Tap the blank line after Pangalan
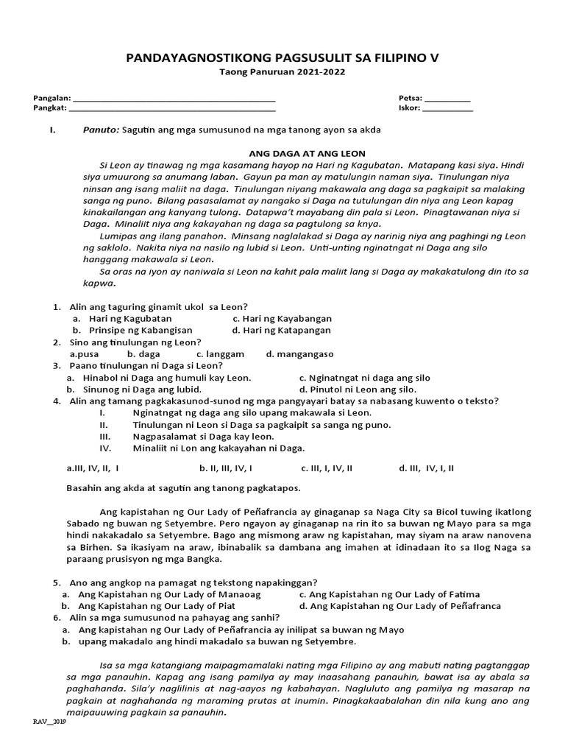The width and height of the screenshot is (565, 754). point(174,97)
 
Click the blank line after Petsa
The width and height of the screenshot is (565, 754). point(447,97)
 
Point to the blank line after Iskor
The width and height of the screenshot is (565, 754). point(448,108)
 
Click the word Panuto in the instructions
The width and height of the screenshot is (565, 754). point(101,130)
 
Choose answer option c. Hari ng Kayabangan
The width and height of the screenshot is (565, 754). point(282,319)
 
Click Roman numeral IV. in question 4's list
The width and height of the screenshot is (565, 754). point(104,448)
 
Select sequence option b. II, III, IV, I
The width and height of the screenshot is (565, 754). point(227,468)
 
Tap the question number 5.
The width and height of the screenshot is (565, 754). point(56,582)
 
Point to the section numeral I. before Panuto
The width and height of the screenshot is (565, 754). point(51,130)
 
